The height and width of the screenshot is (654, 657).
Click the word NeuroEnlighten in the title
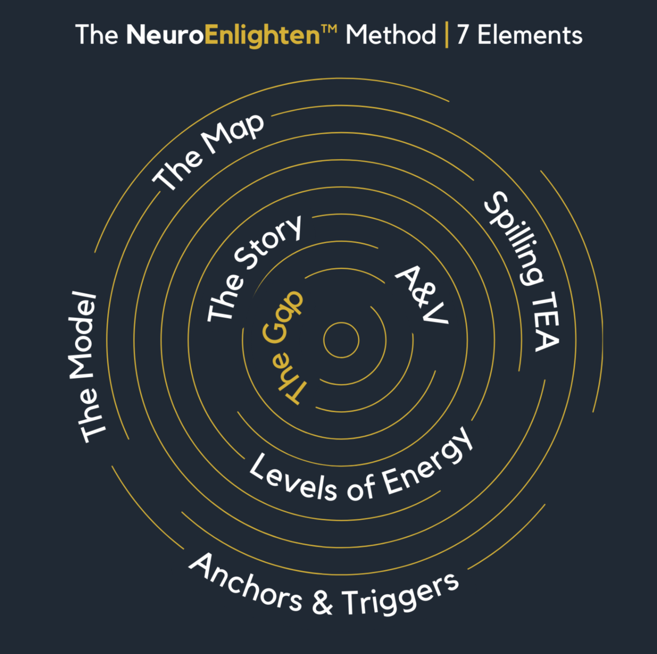click(x=223, y=35)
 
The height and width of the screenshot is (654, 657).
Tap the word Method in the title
click(x=390, y=35)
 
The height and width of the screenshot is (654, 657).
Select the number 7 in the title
click(x=463, y=35)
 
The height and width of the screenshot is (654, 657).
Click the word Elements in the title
click(x=530, y=35)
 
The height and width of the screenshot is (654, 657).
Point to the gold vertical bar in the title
click(x=447, y=35)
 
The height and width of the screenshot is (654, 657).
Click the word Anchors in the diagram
click(x=245, y=584)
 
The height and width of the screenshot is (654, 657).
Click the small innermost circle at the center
click(x=341, y=340)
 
